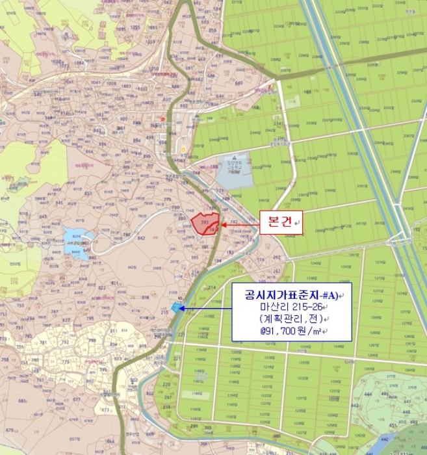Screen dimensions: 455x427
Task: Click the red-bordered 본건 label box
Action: click(281, 223)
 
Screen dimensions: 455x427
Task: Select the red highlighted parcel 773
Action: click(205, 223)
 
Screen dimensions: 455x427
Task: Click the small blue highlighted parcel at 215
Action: click(174, 306)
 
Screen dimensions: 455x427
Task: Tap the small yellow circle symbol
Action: click(183, 149)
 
